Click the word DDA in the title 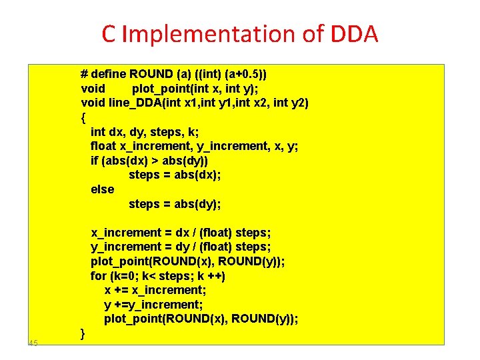(351, 33)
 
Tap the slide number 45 (33, 343)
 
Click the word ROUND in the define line (151, 73)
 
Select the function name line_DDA (134, 102)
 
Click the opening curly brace (83, 117)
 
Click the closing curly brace (83, 333)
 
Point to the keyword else (102, 189)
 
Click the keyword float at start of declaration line (103, 146)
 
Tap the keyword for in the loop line (98, 275)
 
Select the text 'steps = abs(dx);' (174, 175)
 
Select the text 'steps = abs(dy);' (174, 203)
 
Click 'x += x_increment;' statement (155, 289)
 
